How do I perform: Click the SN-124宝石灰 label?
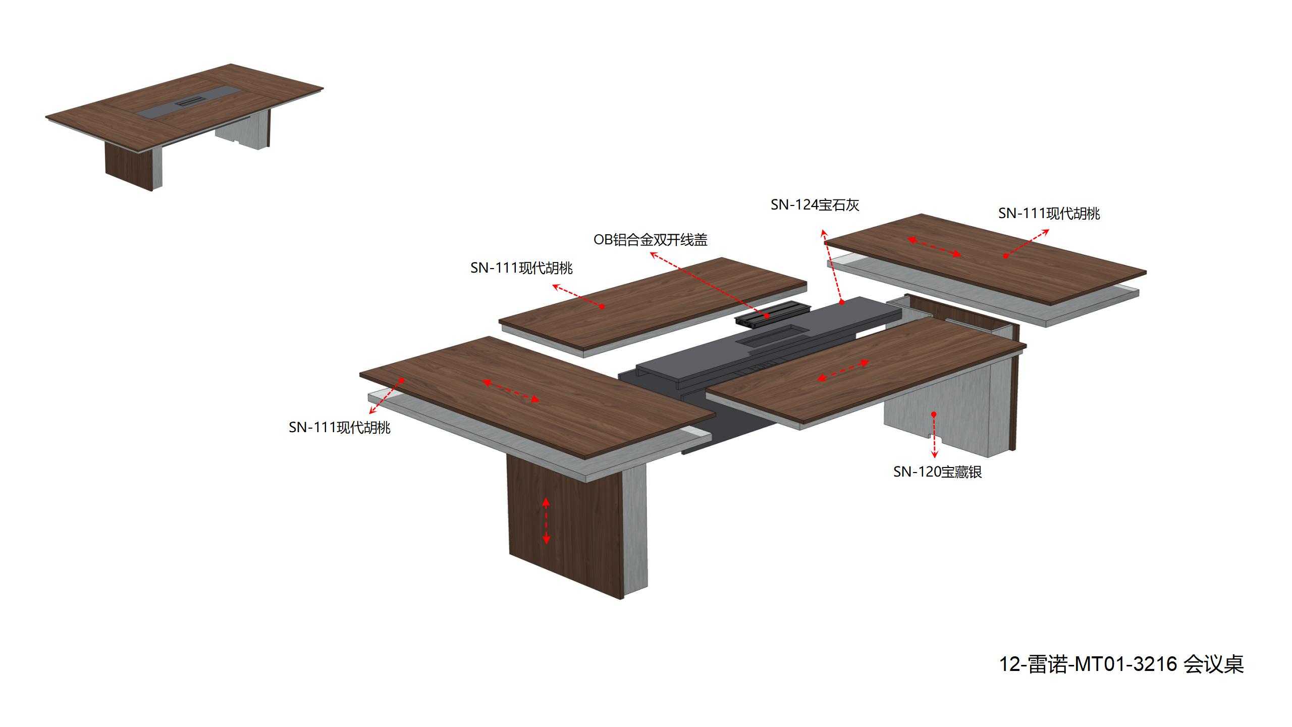pos(815,205)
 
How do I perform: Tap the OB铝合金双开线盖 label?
pos(650,239)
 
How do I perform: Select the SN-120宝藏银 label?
pos(937,472)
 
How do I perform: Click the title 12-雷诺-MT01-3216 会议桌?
pos(1122,664)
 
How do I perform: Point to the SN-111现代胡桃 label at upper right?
pos(1049,214)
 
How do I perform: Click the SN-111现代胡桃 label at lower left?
pos(340,428)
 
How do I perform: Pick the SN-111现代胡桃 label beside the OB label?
pos(521,268)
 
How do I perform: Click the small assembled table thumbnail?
pos(184,127)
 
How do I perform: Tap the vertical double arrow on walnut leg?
pos(546,521)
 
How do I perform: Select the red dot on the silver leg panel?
pos(934,414)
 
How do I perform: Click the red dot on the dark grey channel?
pos(842,302)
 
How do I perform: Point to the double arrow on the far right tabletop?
pos(934,247)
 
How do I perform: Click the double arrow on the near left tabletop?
pos(511,391)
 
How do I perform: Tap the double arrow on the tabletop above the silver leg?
pos(843,370)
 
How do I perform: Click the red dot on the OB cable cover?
pos(767,316)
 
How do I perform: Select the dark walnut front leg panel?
pos(565,527)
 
